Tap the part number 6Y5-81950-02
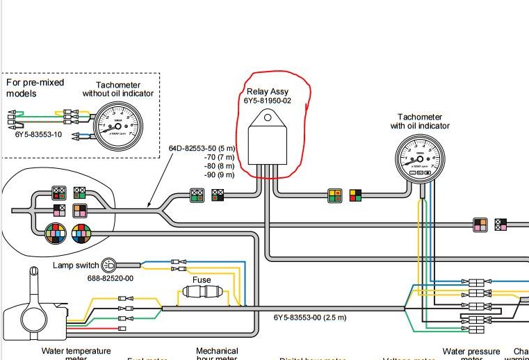(x=268, y=101)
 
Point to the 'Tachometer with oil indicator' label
(x=423, y=122)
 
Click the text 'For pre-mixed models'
(x=35, y=88)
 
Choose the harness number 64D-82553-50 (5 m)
(x=202, y=148)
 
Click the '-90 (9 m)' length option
(x=218, y=175)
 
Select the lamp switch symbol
(x=109, y=265)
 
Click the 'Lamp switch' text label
(x=76, y=265)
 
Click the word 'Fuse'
(x=202, y=280)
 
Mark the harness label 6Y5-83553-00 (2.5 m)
(x=309, y=318)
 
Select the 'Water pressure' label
(x=472, y=352)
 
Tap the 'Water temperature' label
(x=76, y=352)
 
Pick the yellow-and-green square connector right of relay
(x=336, y=196)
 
